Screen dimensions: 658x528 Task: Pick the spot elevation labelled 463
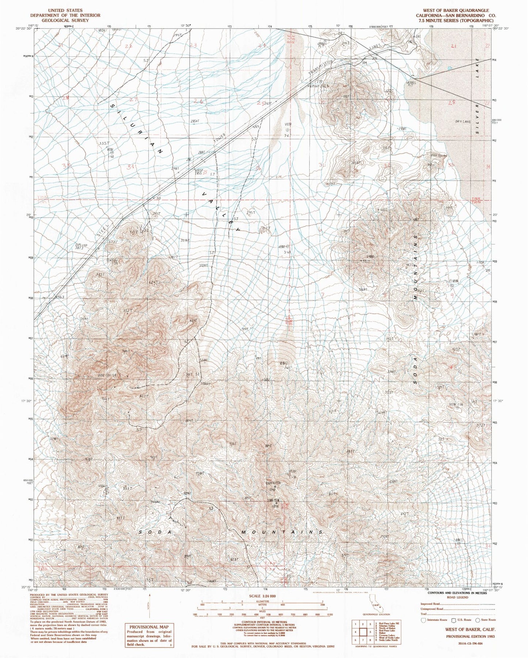59,298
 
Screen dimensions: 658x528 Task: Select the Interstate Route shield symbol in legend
423,620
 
